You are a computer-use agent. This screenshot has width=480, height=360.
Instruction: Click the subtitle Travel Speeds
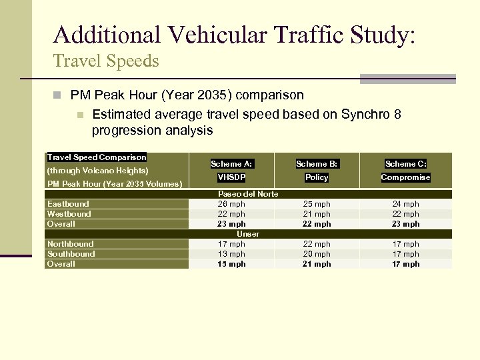coord(106,61)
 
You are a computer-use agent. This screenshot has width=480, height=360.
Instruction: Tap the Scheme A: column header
coord(231,163)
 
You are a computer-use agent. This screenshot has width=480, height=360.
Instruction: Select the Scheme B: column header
coord(317,163)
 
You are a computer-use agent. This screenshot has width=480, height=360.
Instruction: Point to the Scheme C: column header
coord(405,163)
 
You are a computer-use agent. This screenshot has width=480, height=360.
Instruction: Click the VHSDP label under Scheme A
coord(231,177)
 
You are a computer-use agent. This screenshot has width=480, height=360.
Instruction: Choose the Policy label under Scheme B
coord(317,177)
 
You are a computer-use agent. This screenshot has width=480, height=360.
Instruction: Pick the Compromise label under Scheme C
coord(405,177)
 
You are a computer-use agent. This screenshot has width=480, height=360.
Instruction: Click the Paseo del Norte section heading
coord(248,194)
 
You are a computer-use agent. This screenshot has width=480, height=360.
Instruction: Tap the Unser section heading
coord(248,234)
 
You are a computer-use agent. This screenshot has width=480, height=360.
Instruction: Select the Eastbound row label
coord(68,204)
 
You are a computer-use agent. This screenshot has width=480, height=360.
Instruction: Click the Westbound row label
coord(69,214)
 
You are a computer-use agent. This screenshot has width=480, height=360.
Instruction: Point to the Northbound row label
coord(70,244)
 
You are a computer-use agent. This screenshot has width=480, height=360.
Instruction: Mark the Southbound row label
coord(71,254)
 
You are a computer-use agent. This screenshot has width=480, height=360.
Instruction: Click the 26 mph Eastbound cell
coord(232,204)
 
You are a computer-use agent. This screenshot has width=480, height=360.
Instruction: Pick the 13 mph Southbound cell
coord(232,254)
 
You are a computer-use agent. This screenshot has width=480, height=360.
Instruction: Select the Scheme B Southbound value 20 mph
coord(317,254)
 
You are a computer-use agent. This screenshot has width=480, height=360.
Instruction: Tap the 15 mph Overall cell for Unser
coord(232,264)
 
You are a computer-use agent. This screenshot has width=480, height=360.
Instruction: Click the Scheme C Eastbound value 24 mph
coord(406,204)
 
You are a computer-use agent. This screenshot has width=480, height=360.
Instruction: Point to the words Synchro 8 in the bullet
coord(370,115)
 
